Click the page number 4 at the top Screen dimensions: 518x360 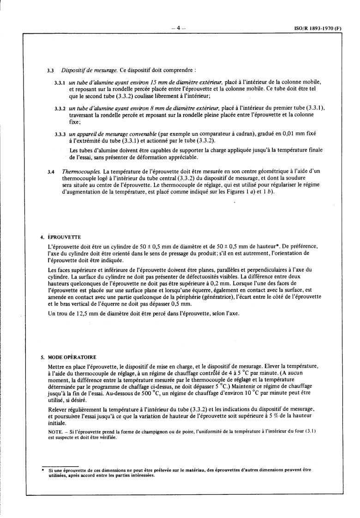(178, 28)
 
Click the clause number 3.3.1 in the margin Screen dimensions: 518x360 (60, 82)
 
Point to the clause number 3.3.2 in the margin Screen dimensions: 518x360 (60, 108)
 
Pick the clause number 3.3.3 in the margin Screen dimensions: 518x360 (60, 134)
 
